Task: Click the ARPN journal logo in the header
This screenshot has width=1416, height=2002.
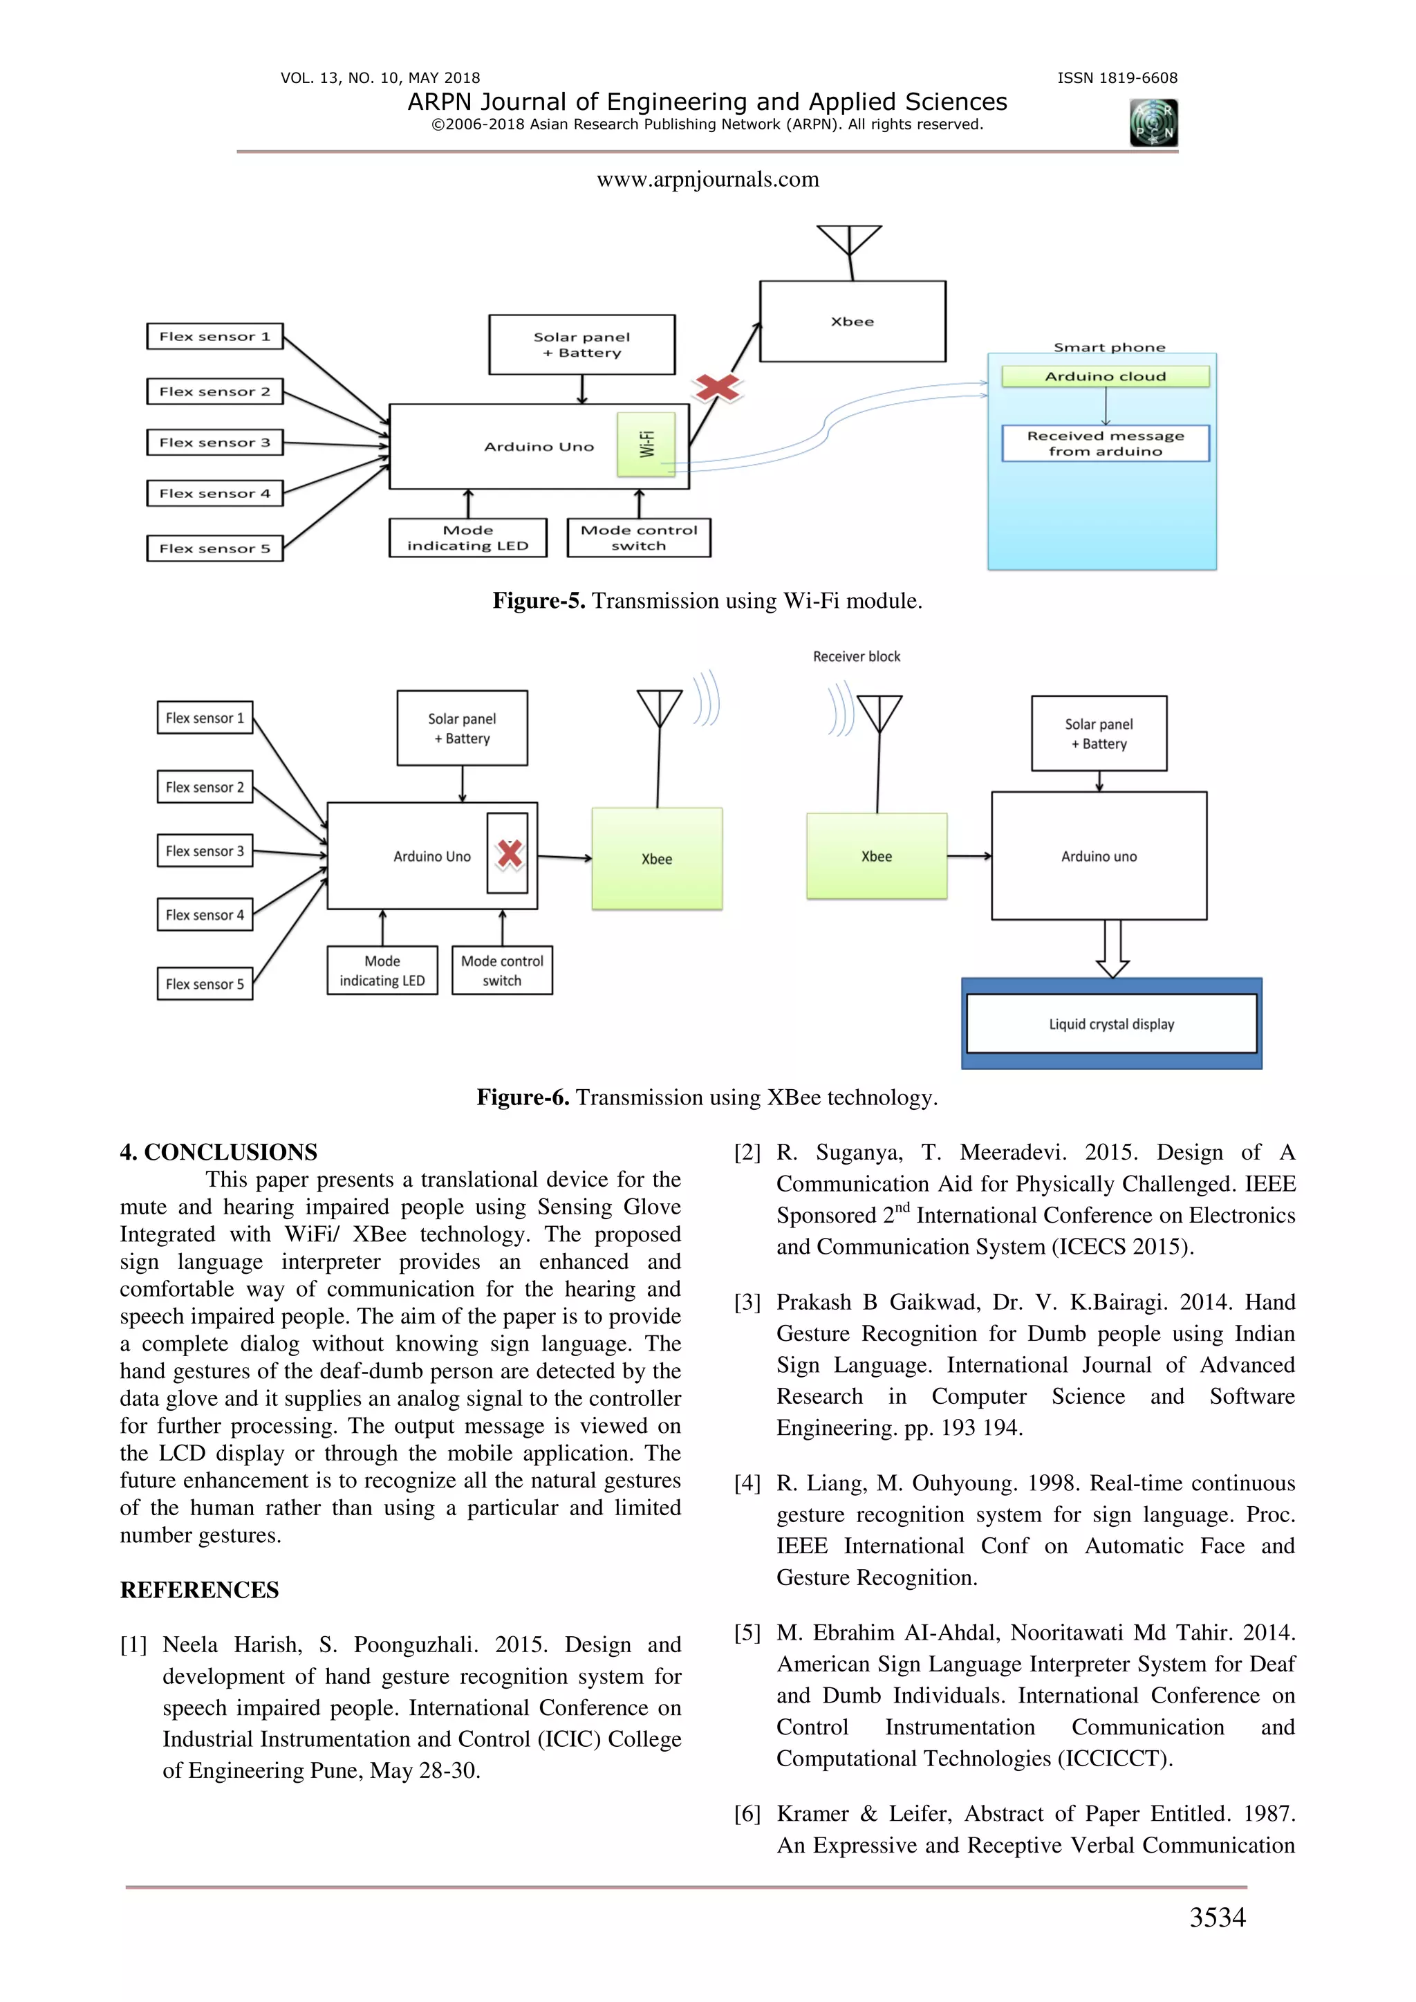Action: [1153, 123]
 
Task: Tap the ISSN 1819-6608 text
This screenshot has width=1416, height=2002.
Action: [1117, 78]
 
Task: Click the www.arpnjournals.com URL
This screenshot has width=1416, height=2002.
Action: [707, 180]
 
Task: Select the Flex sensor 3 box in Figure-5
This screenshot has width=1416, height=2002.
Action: [214, 443]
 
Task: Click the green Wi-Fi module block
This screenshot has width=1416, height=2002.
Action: [646, 445]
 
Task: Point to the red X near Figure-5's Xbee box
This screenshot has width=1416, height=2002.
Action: [717, 387]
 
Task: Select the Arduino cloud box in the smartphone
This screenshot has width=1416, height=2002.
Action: [1105, 377]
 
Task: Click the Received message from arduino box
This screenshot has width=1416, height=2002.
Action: [1105, 443]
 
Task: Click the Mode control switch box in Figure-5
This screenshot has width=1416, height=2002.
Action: [638, 538]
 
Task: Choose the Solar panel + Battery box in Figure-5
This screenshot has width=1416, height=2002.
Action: [581, 345]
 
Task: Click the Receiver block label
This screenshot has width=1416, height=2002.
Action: [856, 656]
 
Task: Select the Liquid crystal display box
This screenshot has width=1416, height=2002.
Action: [1111, 1023]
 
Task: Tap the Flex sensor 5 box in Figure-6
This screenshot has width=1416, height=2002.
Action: [205, 983]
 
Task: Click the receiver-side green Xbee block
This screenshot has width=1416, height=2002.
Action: [876, 856]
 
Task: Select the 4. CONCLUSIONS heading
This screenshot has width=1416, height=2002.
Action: [219, 1153]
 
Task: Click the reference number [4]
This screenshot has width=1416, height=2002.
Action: [747, 1484]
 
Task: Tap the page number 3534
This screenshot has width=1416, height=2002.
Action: [1217, 1918]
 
